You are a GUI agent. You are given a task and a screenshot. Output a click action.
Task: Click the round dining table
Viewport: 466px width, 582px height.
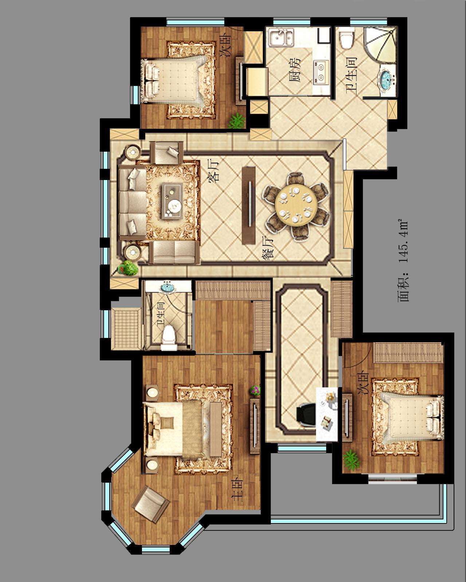pos(295,205)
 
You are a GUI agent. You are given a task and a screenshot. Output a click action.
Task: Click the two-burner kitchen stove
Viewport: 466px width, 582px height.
pos(321,72)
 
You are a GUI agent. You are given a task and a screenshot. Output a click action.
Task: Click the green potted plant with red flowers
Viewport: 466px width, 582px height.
pos(127,268)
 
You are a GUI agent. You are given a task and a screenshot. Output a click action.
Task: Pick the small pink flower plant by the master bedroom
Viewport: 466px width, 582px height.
pos(255,390)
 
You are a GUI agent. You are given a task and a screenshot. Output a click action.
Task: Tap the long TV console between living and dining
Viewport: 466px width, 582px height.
pos(249,205)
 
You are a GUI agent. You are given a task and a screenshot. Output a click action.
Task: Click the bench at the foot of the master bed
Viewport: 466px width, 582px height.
pos(216,430)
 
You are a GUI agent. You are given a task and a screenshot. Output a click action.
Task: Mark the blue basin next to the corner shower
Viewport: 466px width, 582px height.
pos(387,79)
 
